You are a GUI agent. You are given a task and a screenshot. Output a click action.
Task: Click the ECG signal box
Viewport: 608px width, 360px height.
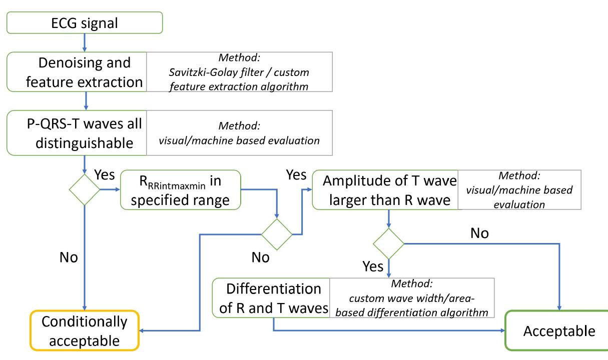[84, 22]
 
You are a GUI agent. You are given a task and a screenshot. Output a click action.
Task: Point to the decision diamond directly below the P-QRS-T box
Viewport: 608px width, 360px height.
[84, 189]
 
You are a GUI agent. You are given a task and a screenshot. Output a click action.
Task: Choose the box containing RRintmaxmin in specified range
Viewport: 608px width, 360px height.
[181, 190]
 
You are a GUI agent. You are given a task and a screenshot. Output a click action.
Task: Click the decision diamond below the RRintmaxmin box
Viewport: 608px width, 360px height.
[277, 233]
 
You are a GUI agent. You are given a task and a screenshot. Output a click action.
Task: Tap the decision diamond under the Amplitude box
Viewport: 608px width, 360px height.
[389, 243]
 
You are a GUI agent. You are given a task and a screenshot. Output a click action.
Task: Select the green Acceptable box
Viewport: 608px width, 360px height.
[559, 331]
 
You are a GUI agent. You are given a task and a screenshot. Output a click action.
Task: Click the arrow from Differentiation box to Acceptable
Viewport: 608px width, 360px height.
[390, 330]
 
